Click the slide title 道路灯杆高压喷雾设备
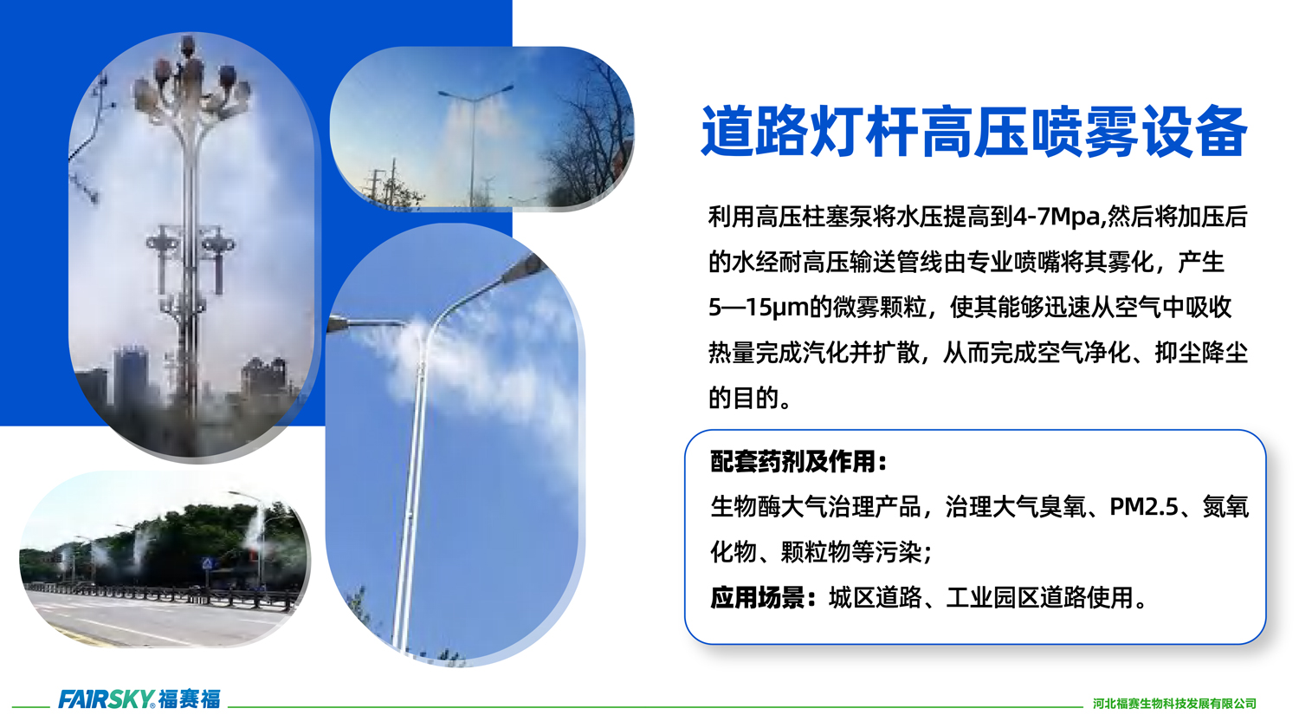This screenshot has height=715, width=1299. point(973,132)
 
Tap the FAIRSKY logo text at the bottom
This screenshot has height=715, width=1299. point(107,699)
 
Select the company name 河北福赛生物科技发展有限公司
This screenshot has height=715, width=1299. point(1174,704)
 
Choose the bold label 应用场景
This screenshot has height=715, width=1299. point(758,598)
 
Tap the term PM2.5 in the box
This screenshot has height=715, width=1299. point(1144,507)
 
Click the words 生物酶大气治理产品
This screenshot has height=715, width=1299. point(816,507)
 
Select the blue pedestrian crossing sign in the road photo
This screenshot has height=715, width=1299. point(207,563)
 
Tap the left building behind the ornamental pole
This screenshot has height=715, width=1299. point(131,374)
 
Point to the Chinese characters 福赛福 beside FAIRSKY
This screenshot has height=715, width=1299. point(190,699)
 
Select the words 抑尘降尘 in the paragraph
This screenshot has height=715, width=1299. point(1200,353)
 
